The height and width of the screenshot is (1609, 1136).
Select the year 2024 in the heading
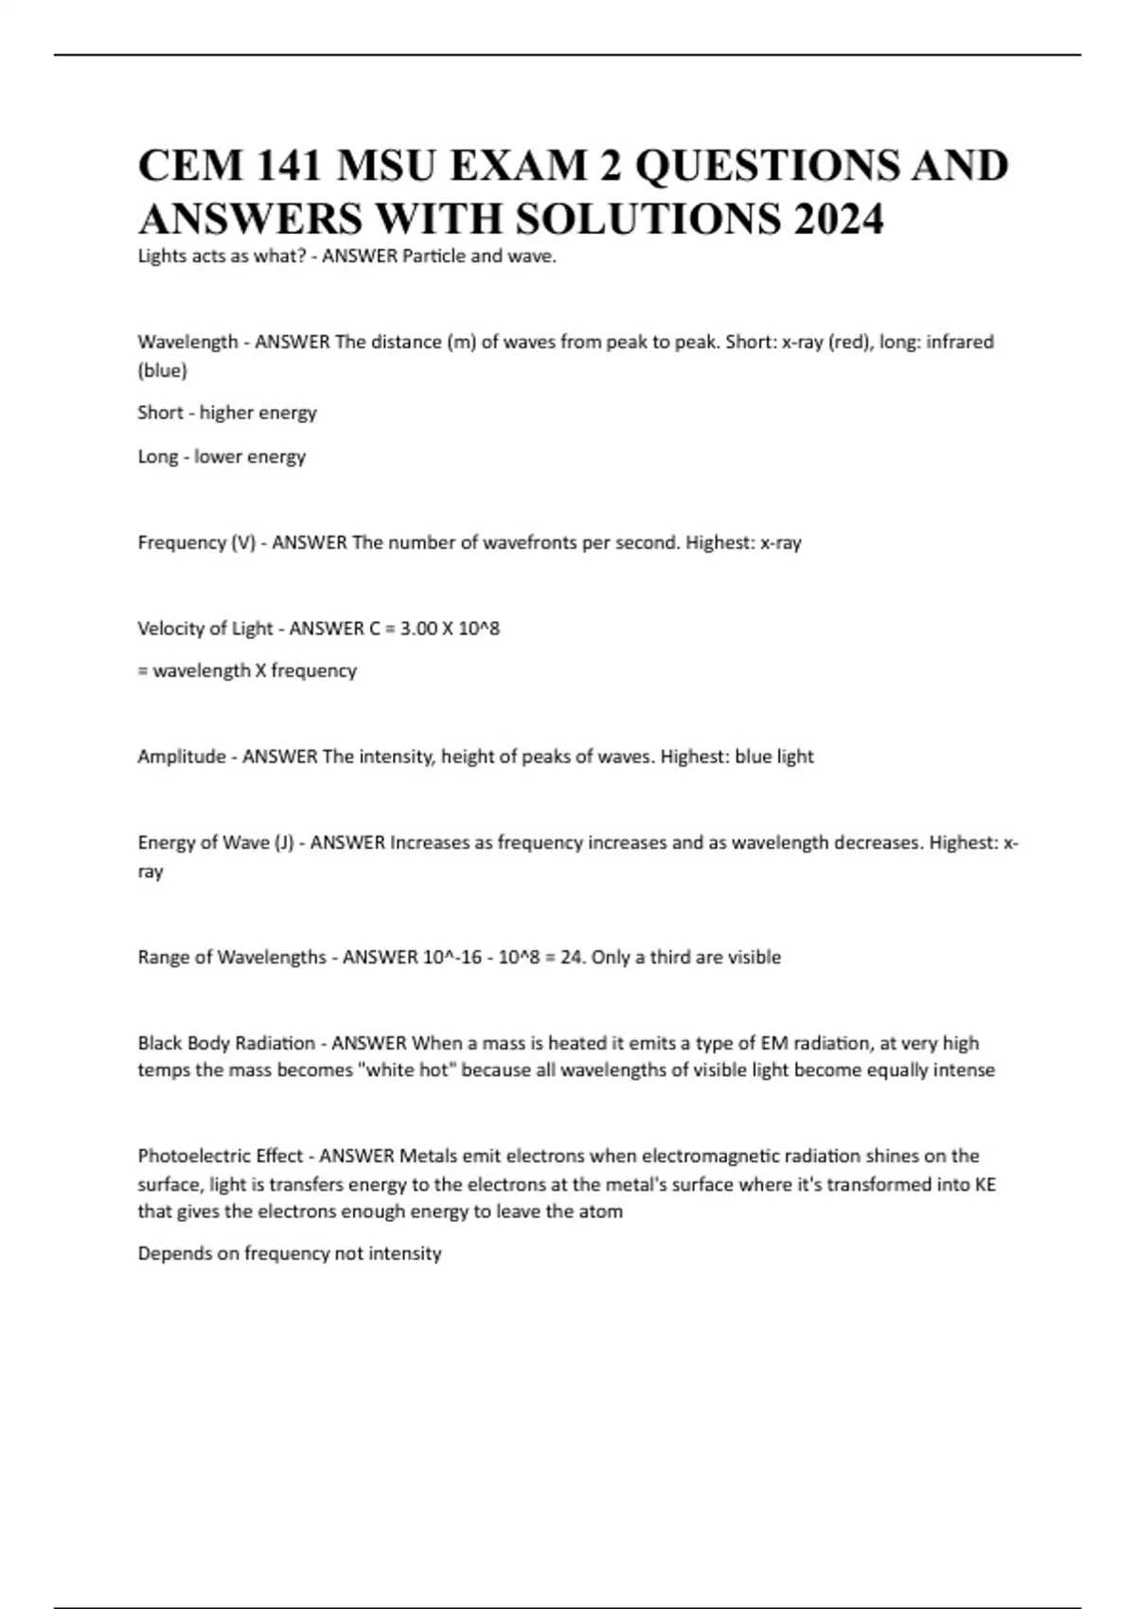pyautogui.click(x=839, y=220)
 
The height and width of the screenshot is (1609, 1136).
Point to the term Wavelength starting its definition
pyautogui.click(x=187, y=342)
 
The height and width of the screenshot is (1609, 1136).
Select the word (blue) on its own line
pyautogui.click(x=163, y=370)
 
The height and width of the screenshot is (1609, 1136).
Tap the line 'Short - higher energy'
pyautogui.click(x=227, y=413)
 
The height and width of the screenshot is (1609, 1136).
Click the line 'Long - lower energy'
pyautogui.click(x=222, y=456)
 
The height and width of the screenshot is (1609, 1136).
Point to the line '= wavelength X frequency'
pyautogui.click(x=247, y=670)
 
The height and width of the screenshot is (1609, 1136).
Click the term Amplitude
pyautogui.click(x=182, y=756)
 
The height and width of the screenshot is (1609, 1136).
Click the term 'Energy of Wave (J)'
pyautogui.click(x=216, y=842)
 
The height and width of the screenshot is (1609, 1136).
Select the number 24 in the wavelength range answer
pyautogui.click(x=572, y=957)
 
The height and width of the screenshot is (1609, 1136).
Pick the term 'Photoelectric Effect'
pyautogui.click(x=221, y=1156)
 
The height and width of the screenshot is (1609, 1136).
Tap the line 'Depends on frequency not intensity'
pyautogui.click(x=290, y=1253)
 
